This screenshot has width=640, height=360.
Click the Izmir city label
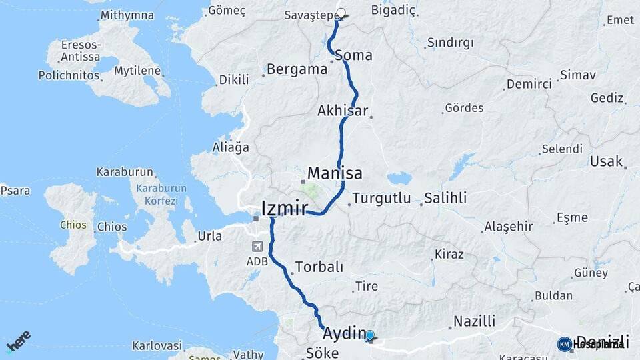coord(285,208)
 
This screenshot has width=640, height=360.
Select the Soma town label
coord(353,55)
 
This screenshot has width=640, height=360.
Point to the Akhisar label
coord(343,111)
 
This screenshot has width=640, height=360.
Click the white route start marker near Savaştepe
coord(342,13)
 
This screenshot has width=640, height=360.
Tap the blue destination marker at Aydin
coord(370,337)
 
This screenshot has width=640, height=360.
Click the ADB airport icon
coord(257,247)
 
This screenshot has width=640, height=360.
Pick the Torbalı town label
coord(319,267)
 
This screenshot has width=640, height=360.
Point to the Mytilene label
coord(137,71)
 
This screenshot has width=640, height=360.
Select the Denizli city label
coord(601,341)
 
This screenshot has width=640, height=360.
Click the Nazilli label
coord(474,321)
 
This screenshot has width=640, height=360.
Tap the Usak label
coord(605,161)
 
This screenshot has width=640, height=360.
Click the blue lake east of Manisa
coord(399,178)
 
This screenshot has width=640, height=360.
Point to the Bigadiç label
coord(393,10)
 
